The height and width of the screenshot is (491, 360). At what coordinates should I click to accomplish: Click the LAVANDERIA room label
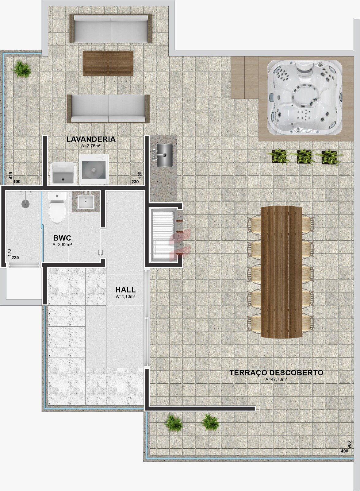91,139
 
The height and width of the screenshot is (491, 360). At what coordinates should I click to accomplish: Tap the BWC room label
62,238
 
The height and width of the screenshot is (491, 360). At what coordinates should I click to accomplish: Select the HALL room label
125,290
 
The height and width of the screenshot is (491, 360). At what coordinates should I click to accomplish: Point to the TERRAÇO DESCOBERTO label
276,373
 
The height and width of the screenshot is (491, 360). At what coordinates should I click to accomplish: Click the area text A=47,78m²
276,379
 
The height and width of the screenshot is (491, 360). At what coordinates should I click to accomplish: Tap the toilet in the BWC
57,207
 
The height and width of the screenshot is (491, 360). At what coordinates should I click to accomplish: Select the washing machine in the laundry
94,169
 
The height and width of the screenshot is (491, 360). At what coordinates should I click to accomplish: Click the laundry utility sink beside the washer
63,173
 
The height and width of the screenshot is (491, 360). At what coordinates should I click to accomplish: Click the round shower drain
25,204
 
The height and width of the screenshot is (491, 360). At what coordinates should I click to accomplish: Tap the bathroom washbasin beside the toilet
86,202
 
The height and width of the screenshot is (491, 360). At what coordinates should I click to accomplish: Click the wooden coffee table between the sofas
108,63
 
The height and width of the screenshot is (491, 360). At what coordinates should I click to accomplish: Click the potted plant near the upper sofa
22,69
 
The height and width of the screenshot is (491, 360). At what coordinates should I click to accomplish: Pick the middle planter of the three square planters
304,157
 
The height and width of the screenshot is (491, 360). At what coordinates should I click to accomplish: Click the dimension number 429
11,176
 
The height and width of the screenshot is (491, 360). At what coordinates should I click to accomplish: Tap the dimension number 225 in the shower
15,257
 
